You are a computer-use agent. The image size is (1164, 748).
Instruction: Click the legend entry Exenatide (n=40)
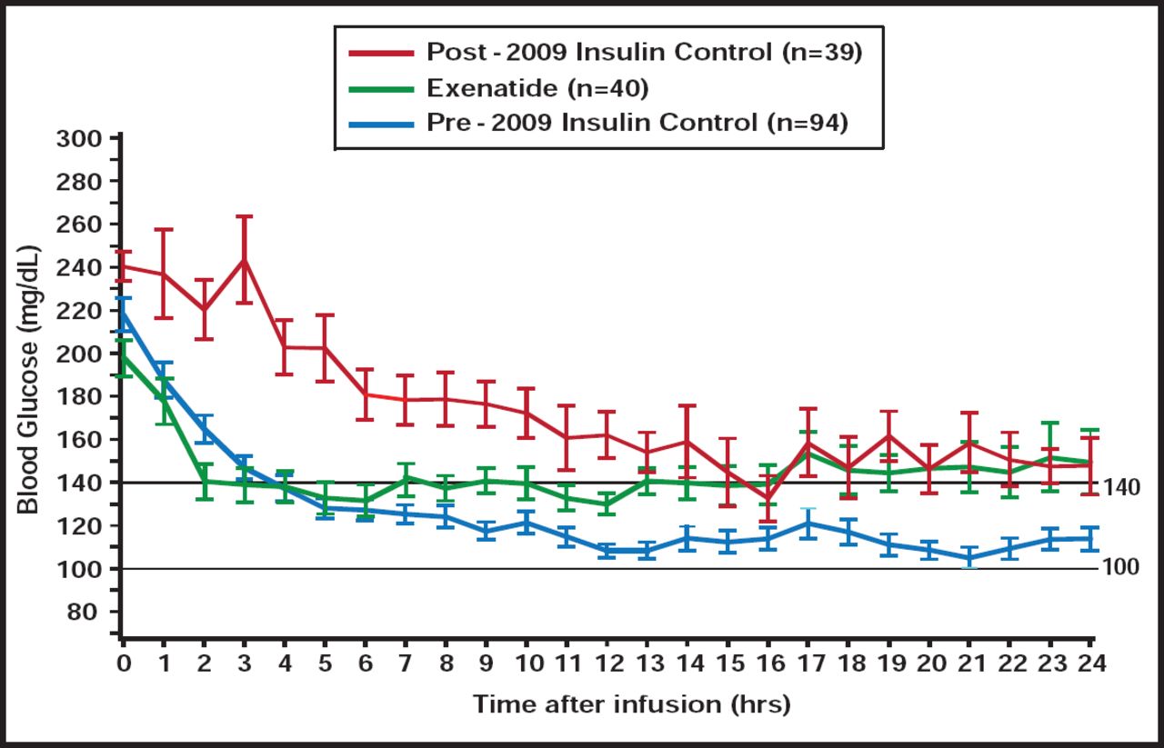pos(537,87)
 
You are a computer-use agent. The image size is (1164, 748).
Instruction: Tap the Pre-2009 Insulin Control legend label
pos(637,123)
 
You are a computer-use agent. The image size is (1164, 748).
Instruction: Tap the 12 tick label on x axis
pos(607,664)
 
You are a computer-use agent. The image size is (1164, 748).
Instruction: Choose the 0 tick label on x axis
pos(123,664)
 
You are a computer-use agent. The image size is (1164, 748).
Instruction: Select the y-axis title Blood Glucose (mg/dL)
pos(29,379)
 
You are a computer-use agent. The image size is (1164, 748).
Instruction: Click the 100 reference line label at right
pos(1120,568)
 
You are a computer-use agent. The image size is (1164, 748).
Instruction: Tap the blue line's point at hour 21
pos(970,558)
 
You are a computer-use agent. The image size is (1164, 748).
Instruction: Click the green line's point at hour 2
pos(204,481)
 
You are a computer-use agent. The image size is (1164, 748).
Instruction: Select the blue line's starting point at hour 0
pos(123,311)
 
